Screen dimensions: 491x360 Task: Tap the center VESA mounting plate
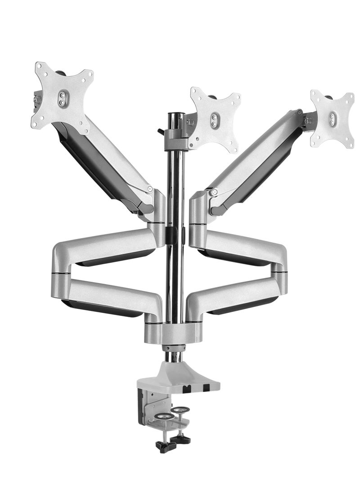click(x=215, y=119)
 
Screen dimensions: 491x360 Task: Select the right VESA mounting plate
click(x=333, y=118)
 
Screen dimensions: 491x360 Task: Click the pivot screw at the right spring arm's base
click(x=215, y=193)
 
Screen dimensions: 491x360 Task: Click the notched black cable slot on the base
click(x=189, y=387)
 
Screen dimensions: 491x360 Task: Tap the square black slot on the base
click(x=206, y=387)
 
